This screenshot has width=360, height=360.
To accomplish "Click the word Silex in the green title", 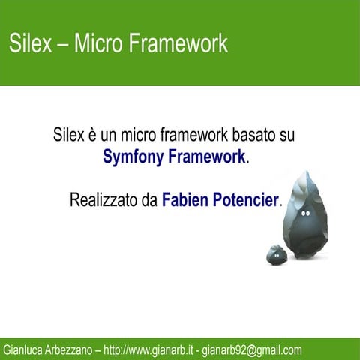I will [x=28, y=43].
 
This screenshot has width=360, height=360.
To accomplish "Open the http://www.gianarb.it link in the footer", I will [x=149, y=349].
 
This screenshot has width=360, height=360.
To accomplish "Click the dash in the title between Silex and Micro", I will [x=62, y=44].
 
